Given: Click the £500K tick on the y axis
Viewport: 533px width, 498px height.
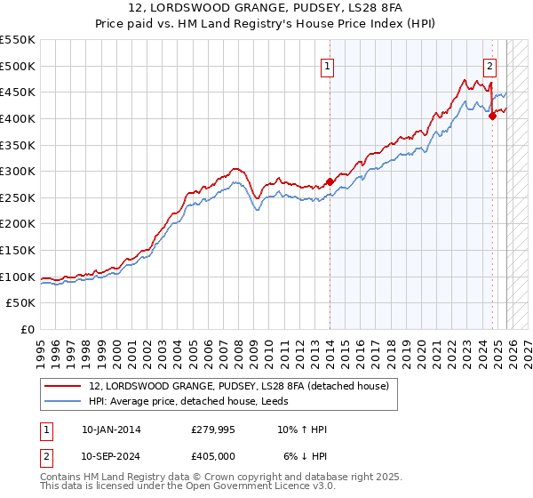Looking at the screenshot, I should pos(18,66).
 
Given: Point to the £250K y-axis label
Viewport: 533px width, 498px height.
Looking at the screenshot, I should pos(18,197).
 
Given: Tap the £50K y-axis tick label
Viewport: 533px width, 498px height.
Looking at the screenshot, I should pos(21,303).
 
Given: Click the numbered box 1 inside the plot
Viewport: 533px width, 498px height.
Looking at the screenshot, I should pos(328,65).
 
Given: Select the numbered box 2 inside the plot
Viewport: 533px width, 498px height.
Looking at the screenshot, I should pos(489,65).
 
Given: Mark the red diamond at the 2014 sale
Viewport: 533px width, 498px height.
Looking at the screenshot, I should pos(330,182).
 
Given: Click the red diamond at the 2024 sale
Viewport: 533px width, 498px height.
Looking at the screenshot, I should pos(492,116).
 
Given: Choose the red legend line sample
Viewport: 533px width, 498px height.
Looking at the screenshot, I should pos(62,387).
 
